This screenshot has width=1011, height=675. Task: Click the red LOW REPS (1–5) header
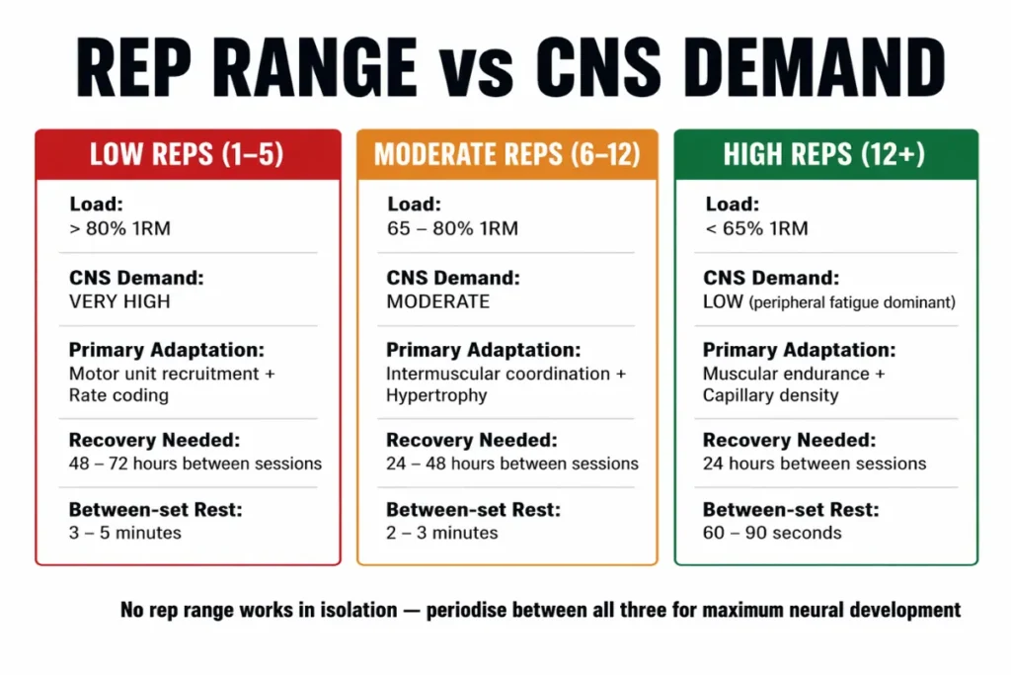click(188, 154)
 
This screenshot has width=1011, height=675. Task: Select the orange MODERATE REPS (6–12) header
click(506, 154)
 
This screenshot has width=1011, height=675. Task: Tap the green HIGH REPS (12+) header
click(825, 154)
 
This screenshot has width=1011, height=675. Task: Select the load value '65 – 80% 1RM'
click(452, 229)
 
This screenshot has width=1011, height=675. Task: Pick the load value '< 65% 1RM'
click(755, 229)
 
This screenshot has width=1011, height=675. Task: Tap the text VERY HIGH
click(120, 301)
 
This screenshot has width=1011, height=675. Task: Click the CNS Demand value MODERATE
click(437, 301)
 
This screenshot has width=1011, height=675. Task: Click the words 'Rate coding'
click(118, 395)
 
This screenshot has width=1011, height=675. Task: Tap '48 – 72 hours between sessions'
click(194, 464)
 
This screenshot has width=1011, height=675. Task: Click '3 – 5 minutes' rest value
click(125, 533)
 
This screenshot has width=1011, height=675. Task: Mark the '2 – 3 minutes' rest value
click(442, 533)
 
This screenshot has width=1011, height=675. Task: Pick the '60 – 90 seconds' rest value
click(772, 533)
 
